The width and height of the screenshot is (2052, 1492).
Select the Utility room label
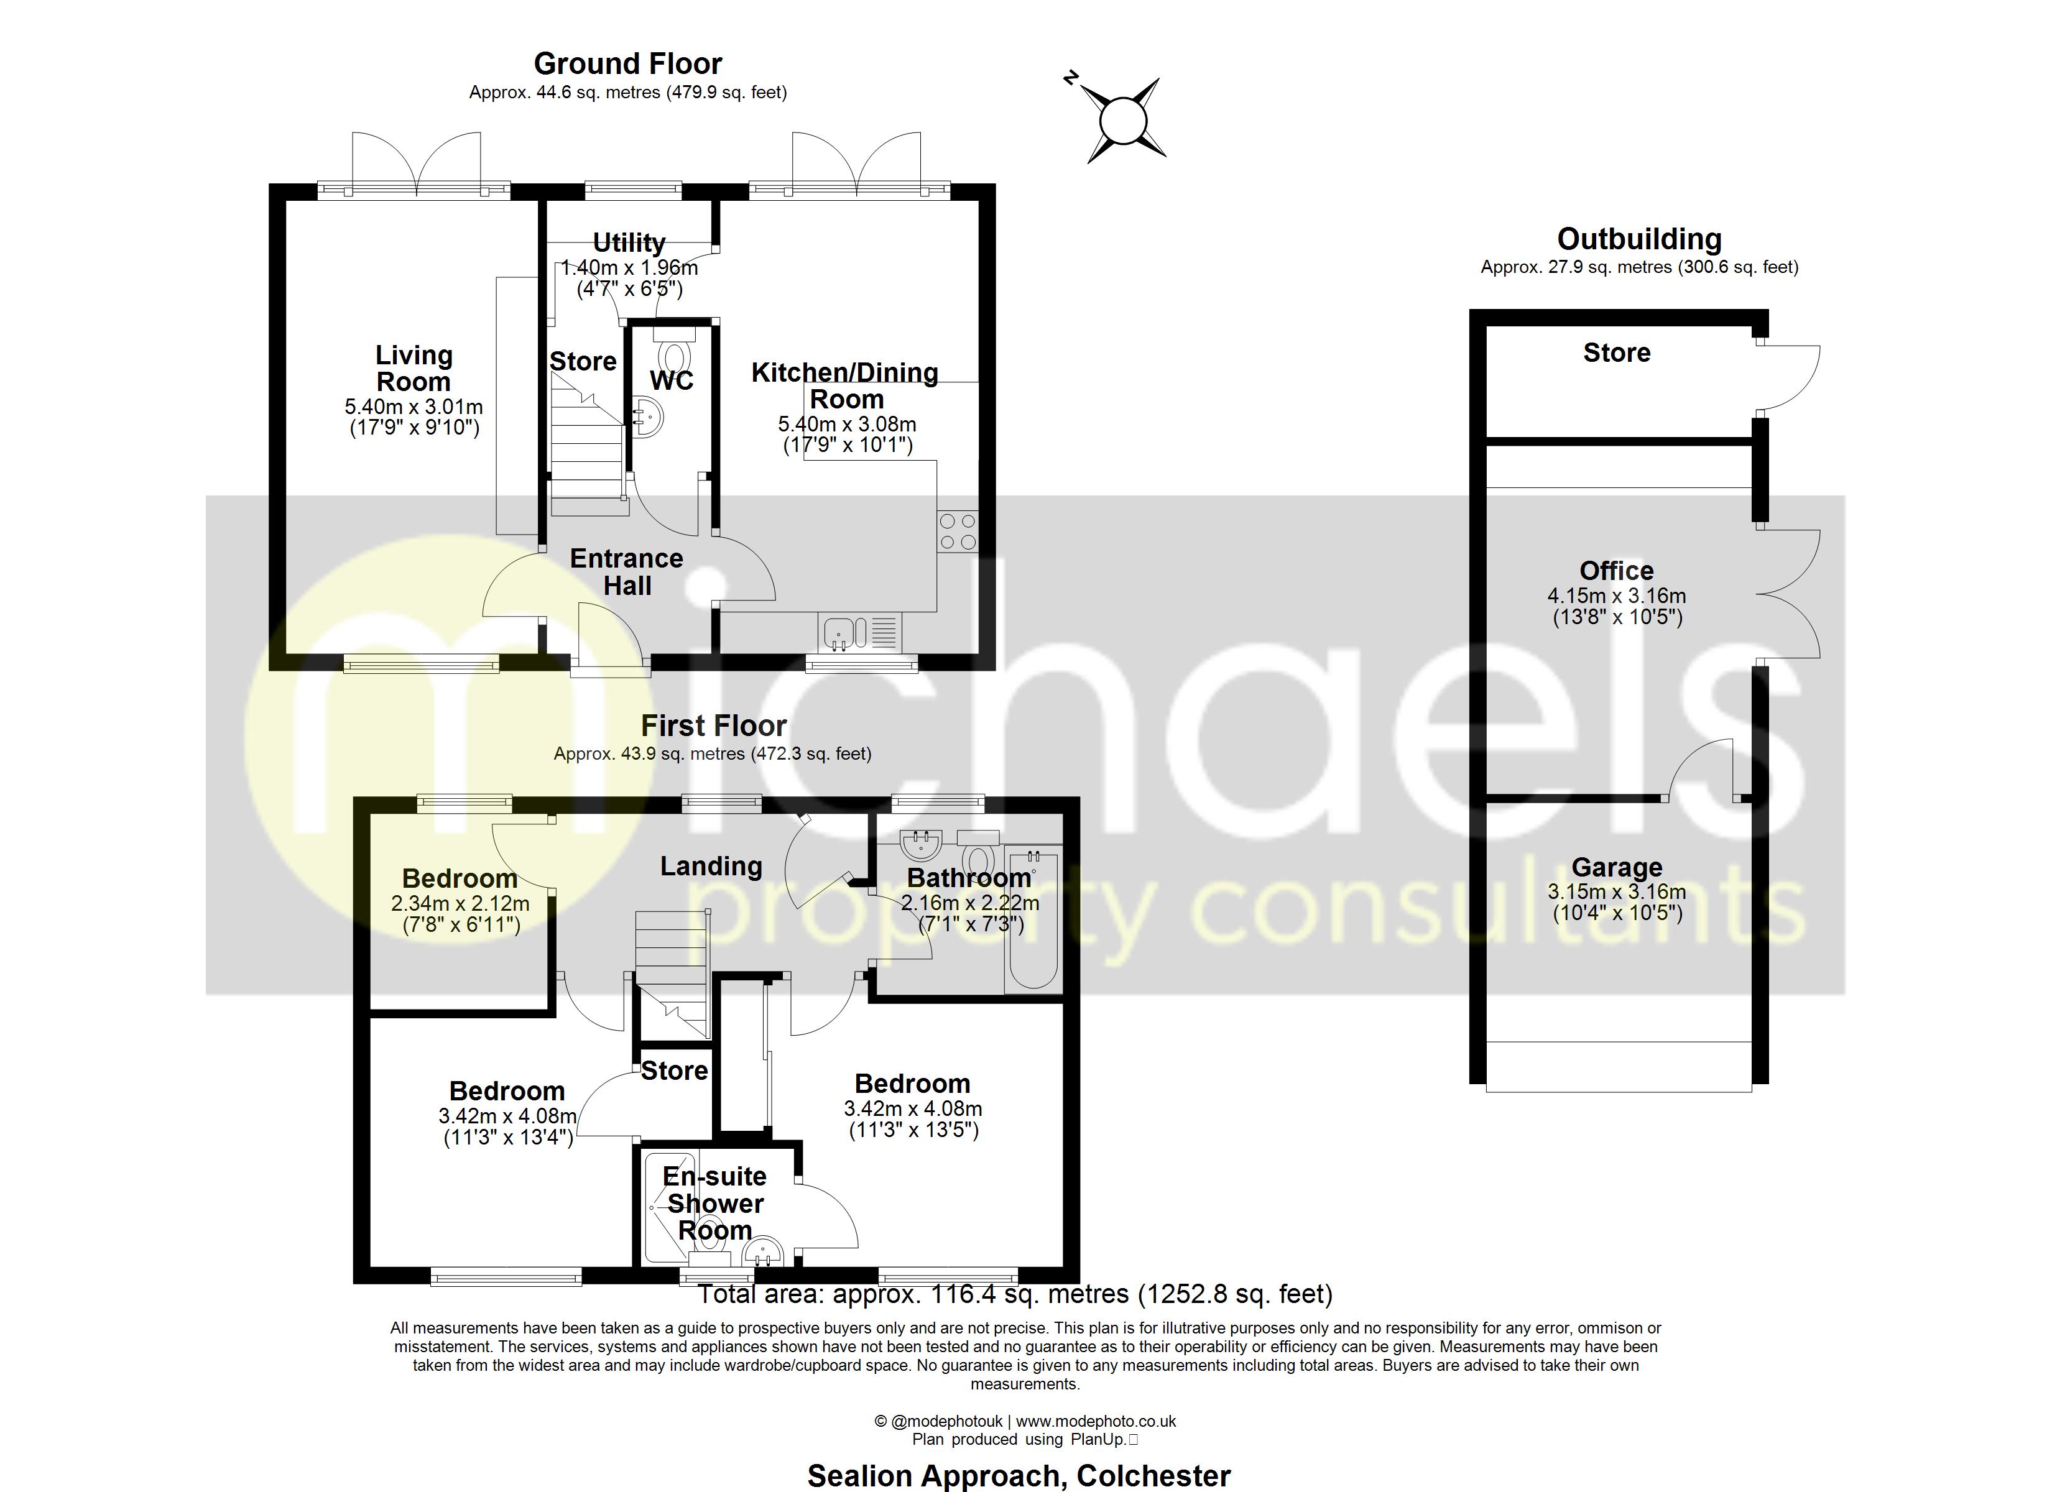[x=629, y=242]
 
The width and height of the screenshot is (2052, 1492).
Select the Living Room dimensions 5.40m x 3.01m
[x=414, y=407]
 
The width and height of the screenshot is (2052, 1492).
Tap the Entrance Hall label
[x=626, y=572]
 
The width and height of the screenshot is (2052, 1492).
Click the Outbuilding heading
[x=1638, y=239]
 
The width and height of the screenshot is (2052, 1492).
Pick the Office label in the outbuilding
[x=1616, y=571]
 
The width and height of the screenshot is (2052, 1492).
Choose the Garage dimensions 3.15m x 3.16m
[x=1616, y=892]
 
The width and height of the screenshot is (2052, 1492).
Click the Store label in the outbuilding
[x=1616, y=353]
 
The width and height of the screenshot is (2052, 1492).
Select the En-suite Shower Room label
[x=714, y=1204]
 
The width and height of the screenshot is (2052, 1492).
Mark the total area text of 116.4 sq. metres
[x=1014, y=1295]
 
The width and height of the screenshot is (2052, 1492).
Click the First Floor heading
[x=713, y=725]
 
